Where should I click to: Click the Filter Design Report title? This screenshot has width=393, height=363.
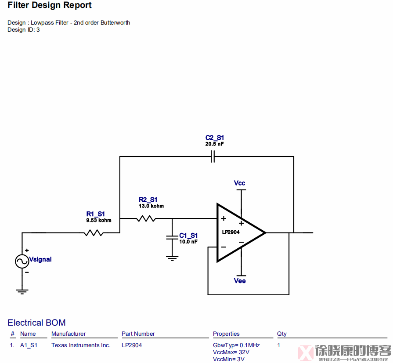50,6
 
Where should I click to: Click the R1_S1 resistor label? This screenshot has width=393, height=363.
95,214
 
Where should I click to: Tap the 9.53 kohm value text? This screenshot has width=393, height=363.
98,220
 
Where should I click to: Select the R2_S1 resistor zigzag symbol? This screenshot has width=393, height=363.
146,218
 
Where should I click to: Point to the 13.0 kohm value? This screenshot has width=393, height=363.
151,206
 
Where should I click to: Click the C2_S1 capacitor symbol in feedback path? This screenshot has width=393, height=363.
213,156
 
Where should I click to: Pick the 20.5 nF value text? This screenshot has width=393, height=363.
214,144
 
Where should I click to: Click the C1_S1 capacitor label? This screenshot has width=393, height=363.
188,236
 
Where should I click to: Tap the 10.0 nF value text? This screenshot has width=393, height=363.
188,242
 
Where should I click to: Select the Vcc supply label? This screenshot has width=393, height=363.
239,183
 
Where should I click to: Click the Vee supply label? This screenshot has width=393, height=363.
240,281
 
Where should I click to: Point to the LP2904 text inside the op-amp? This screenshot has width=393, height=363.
231,232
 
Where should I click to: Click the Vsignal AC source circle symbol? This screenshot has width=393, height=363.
22,261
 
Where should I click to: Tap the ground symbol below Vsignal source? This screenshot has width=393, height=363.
22,291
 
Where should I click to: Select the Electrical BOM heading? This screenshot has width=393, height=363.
36,323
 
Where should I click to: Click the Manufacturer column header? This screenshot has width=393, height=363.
69,334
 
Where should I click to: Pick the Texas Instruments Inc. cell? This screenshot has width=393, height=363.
81,345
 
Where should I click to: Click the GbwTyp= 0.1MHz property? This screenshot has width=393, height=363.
236,345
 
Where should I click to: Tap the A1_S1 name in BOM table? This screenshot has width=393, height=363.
29,345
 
